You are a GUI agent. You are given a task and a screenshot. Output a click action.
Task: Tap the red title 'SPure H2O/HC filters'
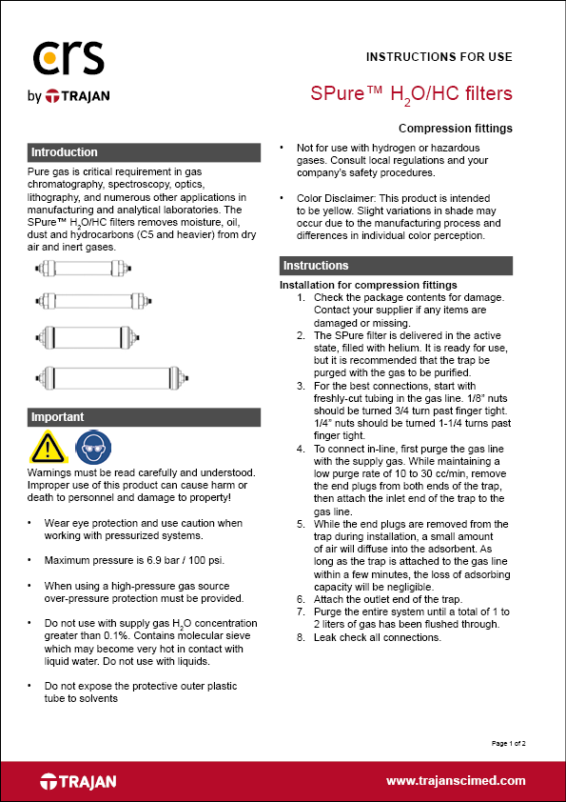click(x=412, y=93)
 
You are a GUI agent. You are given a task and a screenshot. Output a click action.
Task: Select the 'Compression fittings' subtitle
click(x=456, y=128)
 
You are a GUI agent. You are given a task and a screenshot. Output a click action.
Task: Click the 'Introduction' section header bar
click(x=144, y=152)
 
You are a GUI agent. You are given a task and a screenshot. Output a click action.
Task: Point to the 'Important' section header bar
click(x=144, y=417)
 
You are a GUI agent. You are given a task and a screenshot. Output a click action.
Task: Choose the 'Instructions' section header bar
click(x=396, y=266)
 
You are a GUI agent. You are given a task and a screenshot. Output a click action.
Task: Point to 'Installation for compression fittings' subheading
click(x=368, y=285)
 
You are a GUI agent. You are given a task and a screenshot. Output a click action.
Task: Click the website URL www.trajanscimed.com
click(x=456, y=781)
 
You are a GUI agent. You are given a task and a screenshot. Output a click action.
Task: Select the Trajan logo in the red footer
click(x=78, y=781)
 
